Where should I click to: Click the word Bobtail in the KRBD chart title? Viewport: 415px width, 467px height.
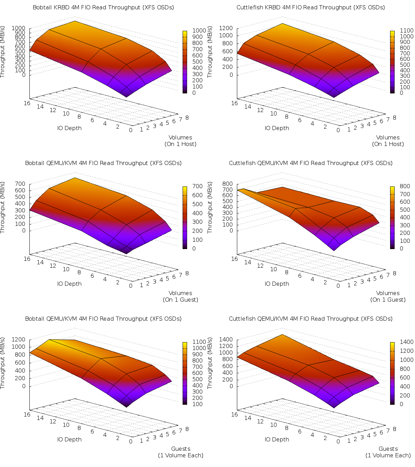[x=43, y=7]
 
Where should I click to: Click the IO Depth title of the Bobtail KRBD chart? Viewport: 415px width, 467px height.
[x=70, y=128]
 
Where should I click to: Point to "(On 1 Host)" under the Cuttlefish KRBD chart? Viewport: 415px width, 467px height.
[x=388, y=144]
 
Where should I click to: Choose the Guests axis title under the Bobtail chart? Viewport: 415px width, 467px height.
[x=181, y=449]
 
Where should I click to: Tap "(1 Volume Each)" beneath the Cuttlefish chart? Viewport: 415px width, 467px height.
[x=388, y=455]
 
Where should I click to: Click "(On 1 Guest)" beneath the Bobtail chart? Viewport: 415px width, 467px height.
[x=181, y=300]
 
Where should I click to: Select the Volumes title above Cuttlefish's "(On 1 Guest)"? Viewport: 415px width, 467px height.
[x=388, y=293]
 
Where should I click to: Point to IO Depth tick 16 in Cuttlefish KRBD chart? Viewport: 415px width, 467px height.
[x=234, y=103]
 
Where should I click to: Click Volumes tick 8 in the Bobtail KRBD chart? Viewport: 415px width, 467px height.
[x=187, y=118]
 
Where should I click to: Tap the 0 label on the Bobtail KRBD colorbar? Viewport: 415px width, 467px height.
[x=194, y=93]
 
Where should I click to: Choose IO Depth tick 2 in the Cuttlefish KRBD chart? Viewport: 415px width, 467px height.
[x=325, y=127]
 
